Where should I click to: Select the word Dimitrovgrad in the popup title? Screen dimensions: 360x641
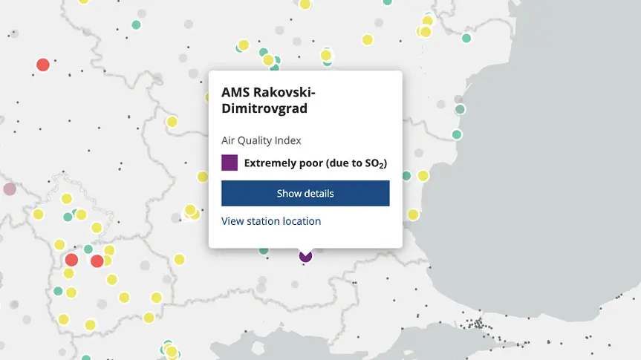click(264, 108)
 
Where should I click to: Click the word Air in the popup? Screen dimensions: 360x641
click(228, 140)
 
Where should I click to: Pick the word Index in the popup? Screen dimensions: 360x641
click(288, 140)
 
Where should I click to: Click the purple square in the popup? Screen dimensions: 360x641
click(230, 163)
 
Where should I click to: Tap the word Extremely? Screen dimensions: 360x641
click(271, 163)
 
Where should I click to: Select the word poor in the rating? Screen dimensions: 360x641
click(311, 163)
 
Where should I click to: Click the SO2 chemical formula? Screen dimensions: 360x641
click(375, 163)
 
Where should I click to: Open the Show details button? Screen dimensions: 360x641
click(305, 193)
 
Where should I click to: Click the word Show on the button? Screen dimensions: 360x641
click(289, 193)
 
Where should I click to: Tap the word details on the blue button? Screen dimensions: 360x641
click(319, 193)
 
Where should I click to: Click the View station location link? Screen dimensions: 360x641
click(271, 221)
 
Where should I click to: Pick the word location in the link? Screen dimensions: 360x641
click(303, 221)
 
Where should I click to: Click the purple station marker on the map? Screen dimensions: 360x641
click(305, 256)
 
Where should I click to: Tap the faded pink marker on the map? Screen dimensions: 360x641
click(9, 189)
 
